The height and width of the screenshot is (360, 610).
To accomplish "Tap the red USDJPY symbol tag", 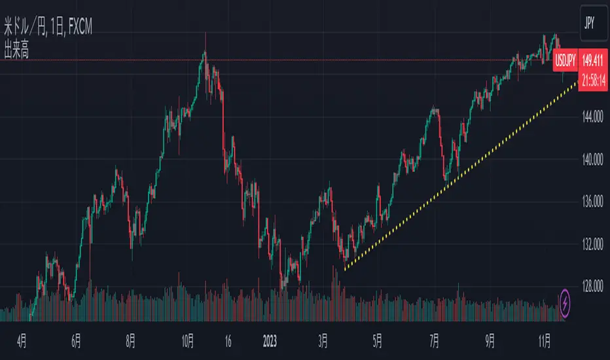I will pos(565,61).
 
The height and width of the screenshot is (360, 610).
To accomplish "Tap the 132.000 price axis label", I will pos(591,245).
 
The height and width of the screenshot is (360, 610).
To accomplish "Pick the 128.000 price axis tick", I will pos(591,287).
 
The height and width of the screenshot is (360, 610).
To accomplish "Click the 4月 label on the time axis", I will pos(22,340).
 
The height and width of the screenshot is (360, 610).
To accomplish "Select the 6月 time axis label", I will pos(77,340).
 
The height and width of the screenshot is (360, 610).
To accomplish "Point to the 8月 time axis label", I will pos(132,340).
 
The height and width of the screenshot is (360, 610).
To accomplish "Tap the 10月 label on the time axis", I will pos(188,340).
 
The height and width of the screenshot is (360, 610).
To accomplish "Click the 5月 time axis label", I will pos(376,340).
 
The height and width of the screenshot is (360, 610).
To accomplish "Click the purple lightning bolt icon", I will pos(566,302).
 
